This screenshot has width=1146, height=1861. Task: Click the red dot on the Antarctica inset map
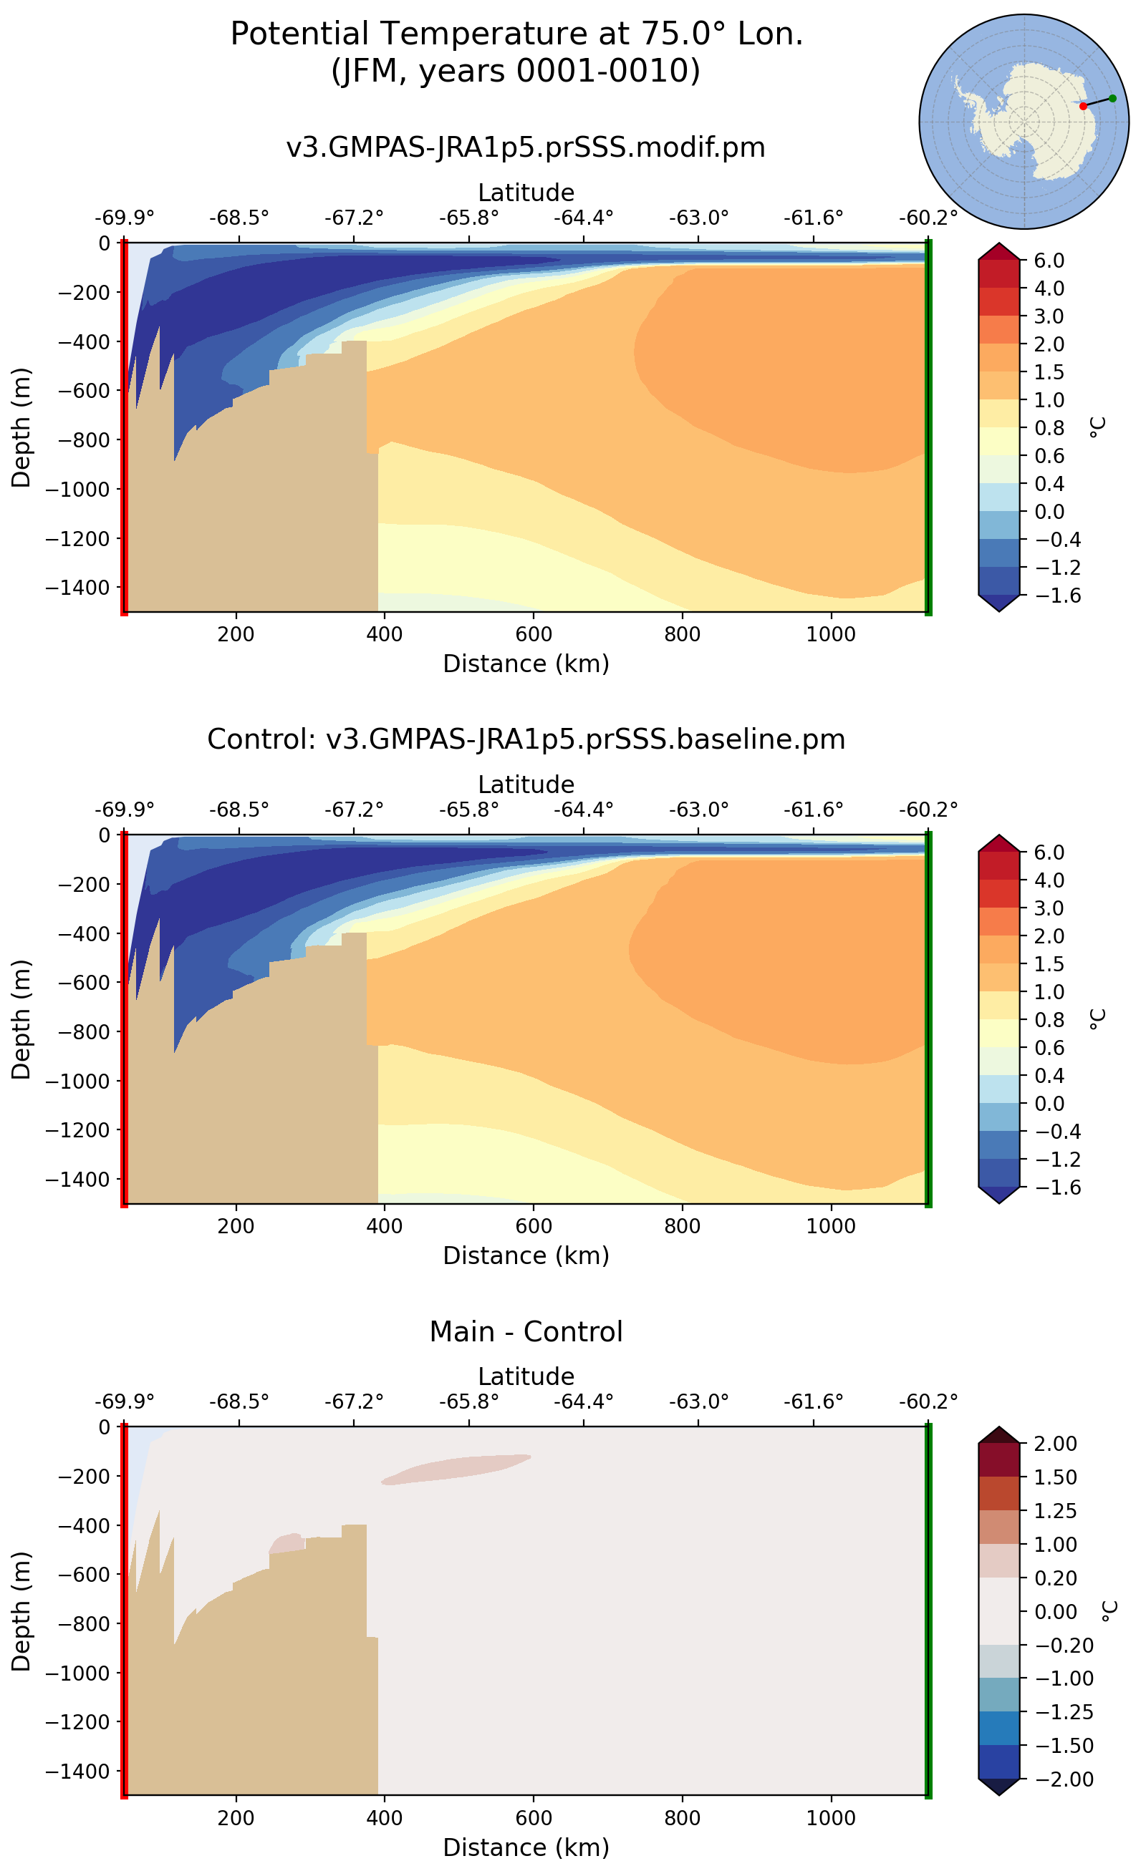[x=1083, y=106]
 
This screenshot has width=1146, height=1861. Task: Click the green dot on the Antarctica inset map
[x=1112, y=98]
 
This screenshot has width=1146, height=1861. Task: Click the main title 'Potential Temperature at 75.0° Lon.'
[x=516, y=34]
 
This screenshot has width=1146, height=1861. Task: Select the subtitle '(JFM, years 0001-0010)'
[x=516, y=71]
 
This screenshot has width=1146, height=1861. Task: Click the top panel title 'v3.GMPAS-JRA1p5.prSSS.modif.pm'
[x=526, y=147]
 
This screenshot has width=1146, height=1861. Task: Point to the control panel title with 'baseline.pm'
[x=526, y=739]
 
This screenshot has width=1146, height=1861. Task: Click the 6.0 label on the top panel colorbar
[x=1049, y=261]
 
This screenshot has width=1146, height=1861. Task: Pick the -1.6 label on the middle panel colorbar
[x=1049, y=1187]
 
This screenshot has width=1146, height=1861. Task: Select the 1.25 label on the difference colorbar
[x=1055, y=1511]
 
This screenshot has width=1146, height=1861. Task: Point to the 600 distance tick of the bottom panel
[x=534, y=1818]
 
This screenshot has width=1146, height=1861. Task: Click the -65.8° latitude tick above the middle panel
[x=468, y=810]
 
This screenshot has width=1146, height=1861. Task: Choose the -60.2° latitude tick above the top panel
[x=928, y=218]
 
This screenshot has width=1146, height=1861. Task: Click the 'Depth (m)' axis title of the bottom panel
[x=21, y=1611]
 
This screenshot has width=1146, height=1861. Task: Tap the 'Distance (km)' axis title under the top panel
[x=526, y=664]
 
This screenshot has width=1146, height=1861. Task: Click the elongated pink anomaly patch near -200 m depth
[x=455, y=1469]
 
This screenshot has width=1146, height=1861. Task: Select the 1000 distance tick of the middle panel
[x=831, y=1226]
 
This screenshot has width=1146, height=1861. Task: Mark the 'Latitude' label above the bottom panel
[x=526, y=1376]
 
